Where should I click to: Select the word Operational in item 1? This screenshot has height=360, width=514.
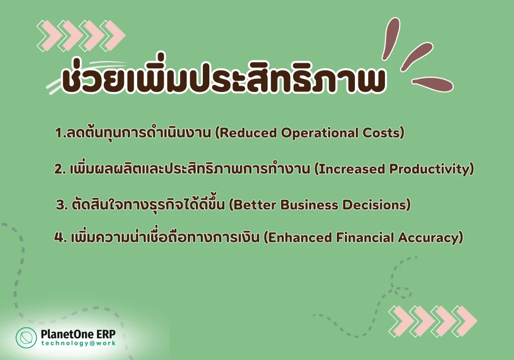coord(320,133)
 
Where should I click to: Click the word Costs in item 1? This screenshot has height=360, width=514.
coord(381,133)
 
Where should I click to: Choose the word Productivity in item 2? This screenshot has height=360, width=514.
coord(429,169)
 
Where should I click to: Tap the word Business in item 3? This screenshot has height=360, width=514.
coord(309,205)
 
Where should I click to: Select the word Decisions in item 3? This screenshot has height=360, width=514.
coord(374,205)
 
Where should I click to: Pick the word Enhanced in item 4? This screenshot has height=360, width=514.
coord(300,237)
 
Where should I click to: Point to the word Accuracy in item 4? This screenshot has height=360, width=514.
coord(428,237)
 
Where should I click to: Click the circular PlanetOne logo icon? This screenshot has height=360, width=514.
coord(26,337)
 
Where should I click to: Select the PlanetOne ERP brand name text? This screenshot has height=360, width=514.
coord(78,334)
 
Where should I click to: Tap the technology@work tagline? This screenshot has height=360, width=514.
coord(78,343)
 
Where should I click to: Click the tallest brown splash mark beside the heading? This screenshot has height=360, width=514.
coord(391,38)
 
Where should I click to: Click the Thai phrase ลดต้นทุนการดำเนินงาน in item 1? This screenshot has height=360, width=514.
coord(138,133)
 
